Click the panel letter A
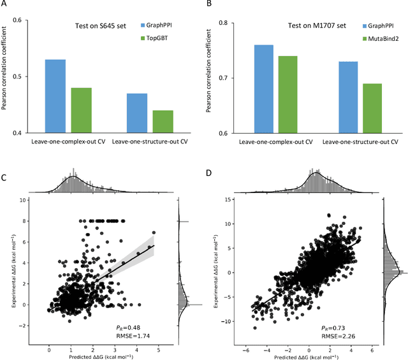pyautogui.click(x=4, y=4)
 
